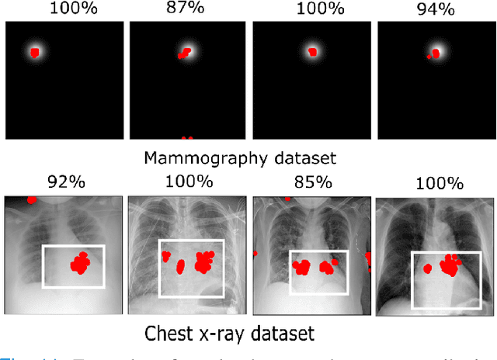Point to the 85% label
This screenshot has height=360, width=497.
[x=310, y=186]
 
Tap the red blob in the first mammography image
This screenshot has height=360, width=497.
[x=34, y=53]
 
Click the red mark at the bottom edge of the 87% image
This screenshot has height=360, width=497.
[x=186, y=138]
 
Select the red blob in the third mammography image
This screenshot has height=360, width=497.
[x=312, y=52]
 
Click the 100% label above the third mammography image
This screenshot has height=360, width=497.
[x=311, y=9]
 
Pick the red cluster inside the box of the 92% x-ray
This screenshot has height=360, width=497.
[x=80, y=263]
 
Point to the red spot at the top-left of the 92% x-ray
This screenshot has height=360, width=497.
[x=32, y=199]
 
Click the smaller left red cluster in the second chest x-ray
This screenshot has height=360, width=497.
[x=181, y=267]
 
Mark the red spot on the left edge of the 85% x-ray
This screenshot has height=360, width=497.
[x=255, y=253]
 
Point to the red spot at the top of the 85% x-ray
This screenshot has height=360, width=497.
[x=287, y=199]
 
